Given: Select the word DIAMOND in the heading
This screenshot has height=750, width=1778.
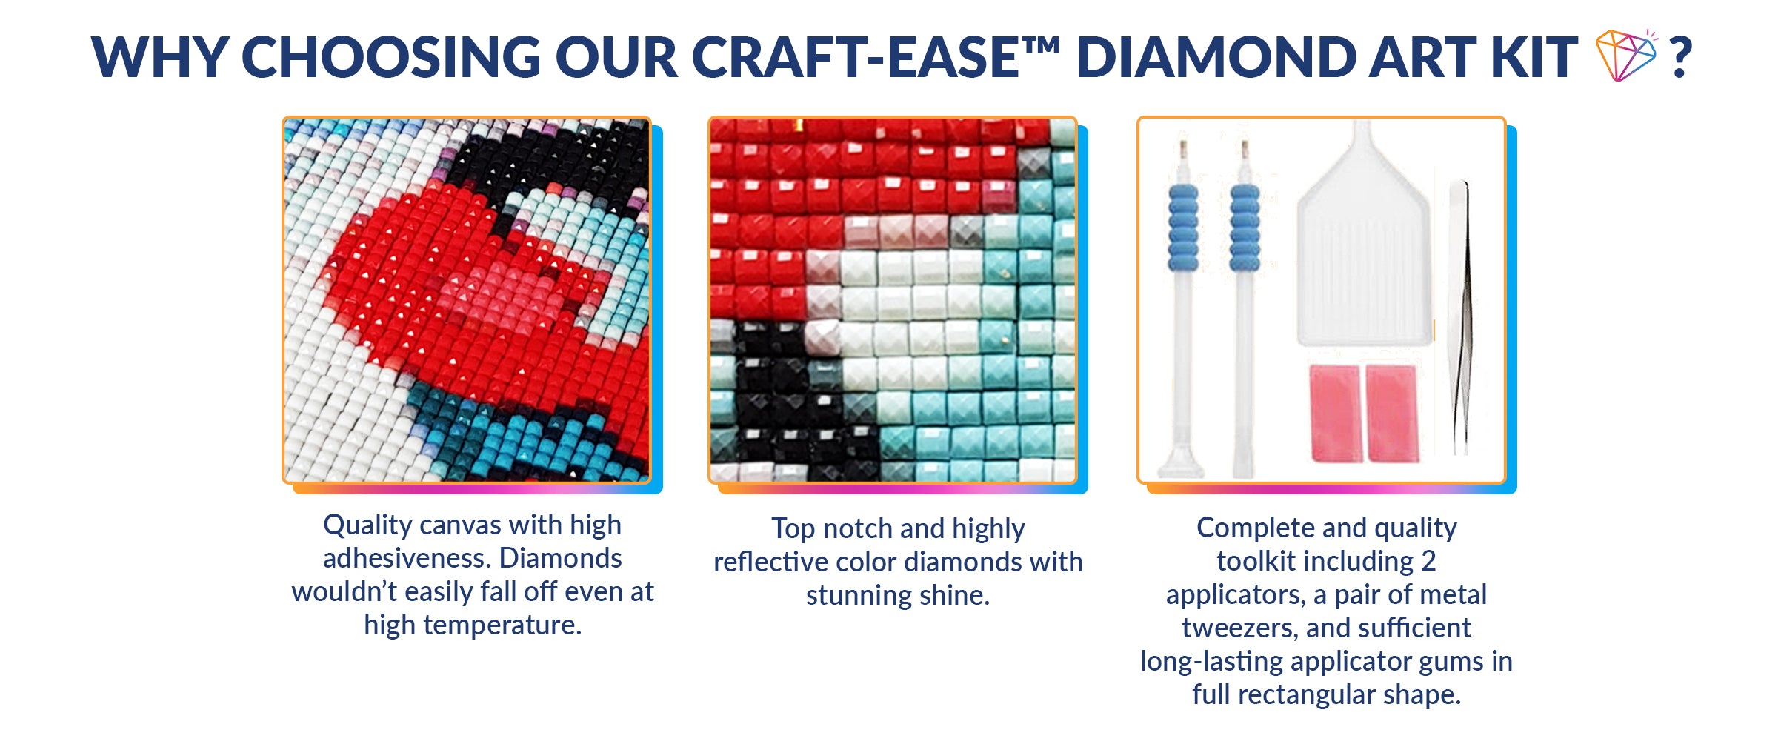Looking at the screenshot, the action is pos(1215,57).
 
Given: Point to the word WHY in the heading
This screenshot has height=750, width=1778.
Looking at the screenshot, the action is pos(159,57).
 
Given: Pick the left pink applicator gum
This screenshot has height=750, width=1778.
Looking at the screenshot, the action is pos(1335,413).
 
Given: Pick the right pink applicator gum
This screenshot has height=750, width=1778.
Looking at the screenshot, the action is pos(1391,413).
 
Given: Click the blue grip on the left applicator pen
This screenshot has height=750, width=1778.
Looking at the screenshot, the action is pos(1183,228).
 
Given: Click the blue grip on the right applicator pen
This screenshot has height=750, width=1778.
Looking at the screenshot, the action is pos(1245,228).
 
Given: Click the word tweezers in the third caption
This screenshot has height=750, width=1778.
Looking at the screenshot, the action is pos(1240,628).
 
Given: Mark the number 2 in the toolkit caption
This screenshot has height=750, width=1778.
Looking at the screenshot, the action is pos(1428,561).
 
